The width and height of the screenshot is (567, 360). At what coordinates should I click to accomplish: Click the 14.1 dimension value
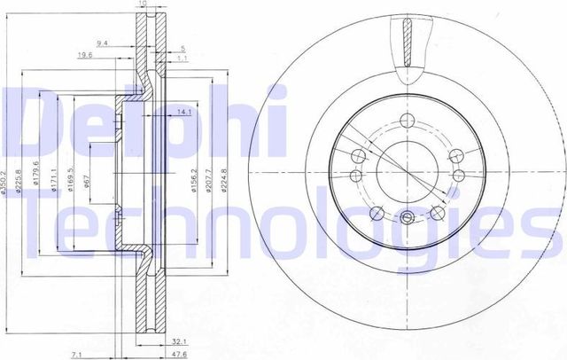coord(183,113)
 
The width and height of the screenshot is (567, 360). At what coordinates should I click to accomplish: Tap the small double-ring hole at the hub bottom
coord(407,219)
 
